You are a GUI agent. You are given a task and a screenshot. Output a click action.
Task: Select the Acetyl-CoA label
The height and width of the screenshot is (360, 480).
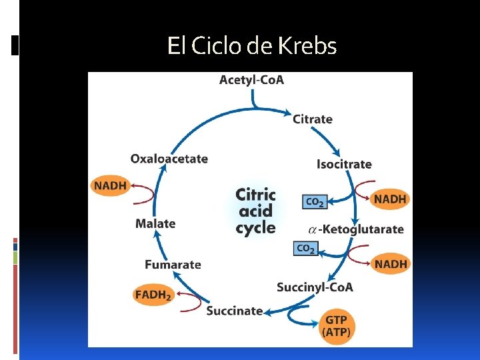(x=251, y=80)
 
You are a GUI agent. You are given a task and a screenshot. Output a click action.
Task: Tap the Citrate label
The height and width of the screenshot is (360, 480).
(x=312, y=119)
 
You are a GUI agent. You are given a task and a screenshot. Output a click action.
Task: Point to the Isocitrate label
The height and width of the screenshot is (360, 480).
(x=344, y=164)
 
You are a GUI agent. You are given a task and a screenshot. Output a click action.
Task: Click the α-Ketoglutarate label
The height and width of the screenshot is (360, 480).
(x=356, y=229)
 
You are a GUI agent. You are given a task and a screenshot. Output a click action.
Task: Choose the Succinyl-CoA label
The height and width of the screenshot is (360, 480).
(x=315, y=287)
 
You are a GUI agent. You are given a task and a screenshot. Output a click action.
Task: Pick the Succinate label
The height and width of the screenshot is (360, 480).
(x=234, y=311)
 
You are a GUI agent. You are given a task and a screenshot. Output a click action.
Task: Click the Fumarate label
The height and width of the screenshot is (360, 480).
(x=173, y=265)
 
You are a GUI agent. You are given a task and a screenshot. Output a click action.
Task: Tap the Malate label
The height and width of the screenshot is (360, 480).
(x=155, y=224)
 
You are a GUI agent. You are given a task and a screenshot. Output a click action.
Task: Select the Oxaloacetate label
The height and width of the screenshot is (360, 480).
(x=169, y=159)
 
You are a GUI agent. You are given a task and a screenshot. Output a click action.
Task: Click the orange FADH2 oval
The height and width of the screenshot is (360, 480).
(x=153, y=295)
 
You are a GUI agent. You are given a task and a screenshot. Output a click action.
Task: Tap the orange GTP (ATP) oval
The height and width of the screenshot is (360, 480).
(x=337, y=326)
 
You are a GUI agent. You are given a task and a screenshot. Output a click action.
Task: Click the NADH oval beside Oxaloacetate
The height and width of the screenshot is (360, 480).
(x=110, y=185)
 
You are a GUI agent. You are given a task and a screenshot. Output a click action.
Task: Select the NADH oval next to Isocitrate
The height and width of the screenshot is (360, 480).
(x=390, y=199)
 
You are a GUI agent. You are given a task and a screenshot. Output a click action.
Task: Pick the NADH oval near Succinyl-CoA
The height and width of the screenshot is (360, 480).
(x=391, y=264)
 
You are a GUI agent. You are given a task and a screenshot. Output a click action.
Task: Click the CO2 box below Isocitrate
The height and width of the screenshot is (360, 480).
(x=315, y=201)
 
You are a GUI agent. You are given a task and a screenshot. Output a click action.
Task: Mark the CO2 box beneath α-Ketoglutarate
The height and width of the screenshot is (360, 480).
(x=305, y=249)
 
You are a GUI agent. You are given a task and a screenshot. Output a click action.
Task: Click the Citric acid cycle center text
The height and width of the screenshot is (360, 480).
(x=255, y=211)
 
